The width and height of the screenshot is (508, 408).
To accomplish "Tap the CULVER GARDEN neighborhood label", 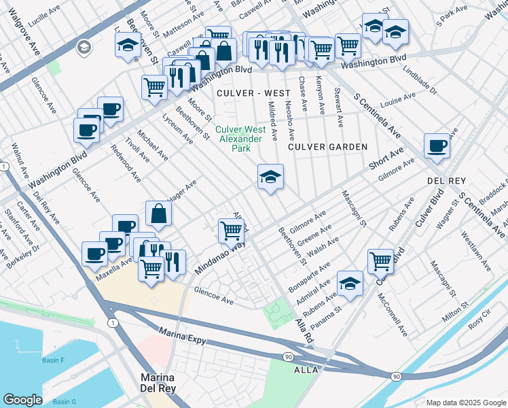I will [327, 147].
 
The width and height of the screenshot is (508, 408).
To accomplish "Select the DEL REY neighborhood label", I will [446, 182].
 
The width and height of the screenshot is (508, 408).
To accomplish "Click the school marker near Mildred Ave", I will [270, 177].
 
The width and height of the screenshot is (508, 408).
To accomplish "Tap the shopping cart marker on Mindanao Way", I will [232, 231].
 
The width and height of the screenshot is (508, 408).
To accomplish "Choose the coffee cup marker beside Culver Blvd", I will [437, 145].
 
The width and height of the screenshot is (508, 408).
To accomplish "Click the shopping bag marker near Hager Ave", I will [158, 214].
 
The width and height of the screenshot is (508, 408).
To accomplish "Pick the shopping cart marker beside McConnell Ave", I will [380, 260].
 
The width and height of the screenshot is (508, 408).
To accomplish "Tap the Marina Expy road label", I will [182, 332].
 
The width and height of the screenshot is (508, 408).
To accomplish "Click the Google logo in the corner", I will [22, 400].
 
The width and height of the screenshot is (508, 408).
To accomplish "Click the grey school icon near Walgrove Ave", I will [84, 47].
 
